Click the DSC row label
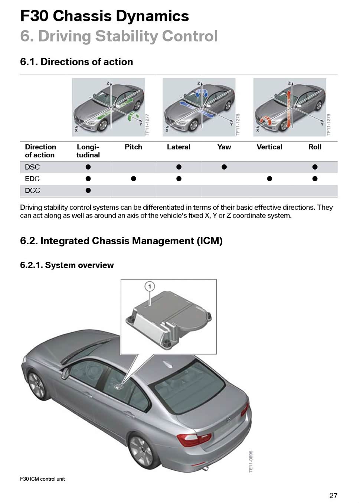pos(32,167)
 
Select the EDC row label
pos(32,179)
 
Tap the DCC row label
pos(33,190)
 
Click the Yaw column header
pos(224,147)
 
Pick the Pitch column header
pos(133,147)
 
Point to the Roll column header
pos(315,147)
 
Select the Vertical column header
pos(269,147)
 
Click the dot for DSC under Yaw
pos(224,167)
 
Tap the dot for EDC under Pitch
pos(133,179)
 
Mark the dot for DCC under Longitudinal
pos(88,190)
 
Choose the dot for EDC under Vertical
pos(269,179)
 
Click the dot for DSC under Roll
pos(315,167)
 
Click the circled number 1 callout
pos(150,286)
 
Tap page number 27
pos(333,496)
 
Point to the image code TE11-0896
pos(251,461)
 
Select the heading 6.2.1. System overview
pos(67,265)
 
